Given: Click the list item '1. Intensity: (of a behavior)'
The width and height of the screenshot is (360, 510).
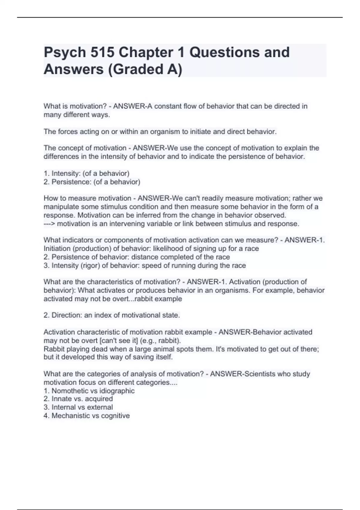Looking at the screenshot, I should pyautogui.click(x=86, y=173).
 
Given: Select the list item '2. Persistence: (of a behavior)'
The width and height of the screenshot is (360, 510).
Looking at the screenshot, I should pyautogui.click(x=92, y=182).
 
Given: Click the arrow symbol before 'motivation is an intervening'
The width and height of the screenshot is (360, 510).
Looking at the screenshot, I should pyautogui.click(x=49, y=224).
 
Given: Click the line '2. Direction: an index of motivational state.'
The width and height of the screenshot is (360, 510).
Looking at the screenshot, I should pyautogui.click(x=112, y=315).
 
